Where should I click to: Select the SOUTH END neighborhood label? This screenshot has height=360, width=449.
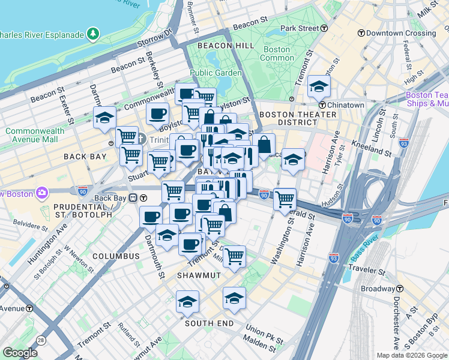pos(209,323)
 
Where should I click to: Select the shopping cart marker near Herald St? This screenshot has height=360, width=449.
pos(285,199)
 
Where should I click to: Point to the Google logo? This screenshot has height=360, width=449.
pos(20,353)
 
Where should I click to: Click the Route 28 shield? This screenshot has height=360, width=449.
pos(41,340)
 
